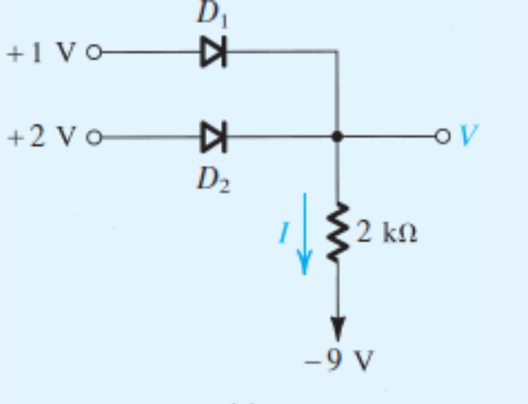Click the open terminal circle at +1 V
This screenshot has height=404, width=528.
[93, 53]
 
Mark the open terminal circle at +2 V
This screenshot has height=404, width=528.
[93, 137]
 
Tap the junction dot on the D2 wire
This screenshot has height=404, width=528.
[337, 137]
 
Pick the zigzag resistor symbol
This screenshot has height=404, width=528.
[337, 232]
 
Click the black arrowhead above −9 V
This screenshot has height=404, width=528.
[337, 326]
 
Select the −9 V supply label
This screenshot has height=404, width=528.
[339, 360]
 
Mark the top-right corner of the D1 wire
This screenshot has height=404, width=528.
[337, 53]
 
